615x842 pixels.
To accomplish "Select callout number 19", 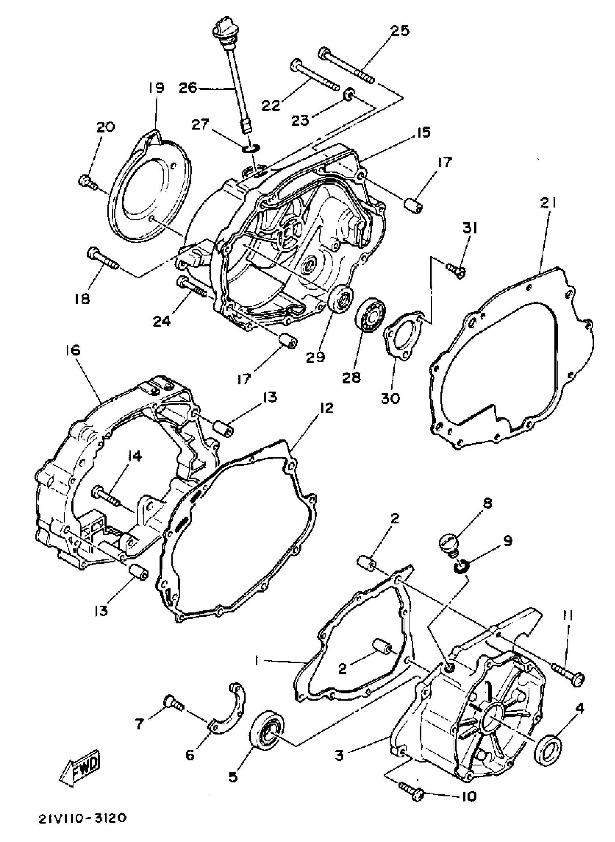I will pos(156,88).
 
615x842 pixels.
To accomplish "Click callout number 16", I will pos(73,351).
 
